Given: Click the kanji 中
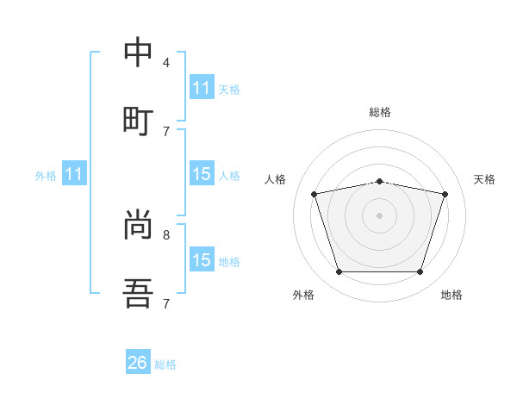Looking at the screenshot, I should (138, 53).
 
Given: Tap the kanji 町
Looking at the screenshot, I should (138, 120).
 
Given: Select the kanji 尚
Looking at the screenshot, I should (138, 226).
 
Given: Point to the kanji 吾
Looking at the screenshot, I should (138, 295).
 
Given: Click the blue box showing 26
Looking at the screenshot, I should (138, 363).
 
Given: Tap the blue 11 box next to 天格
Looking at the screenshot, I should (202, 88).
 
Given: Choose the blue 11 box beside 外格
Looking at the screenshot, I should (74, 174).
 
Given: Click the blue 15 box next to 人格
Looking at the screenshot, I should (202, 174).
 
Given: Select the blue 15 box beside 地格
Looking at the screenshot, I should (202, 260).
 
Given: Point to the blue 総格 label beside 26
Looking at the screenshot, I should (165, 364).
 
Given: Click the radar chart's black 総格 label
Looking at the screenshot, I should (379, 112).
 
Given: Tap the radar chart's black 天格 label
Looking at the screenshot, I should (484, 179).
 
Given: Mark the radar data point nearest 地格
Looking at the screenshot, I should (420, 272).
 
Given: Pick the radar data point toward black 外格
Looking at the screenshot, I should (339, 272).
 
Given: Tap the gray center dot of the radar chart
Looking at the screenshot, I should (379, 215).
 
